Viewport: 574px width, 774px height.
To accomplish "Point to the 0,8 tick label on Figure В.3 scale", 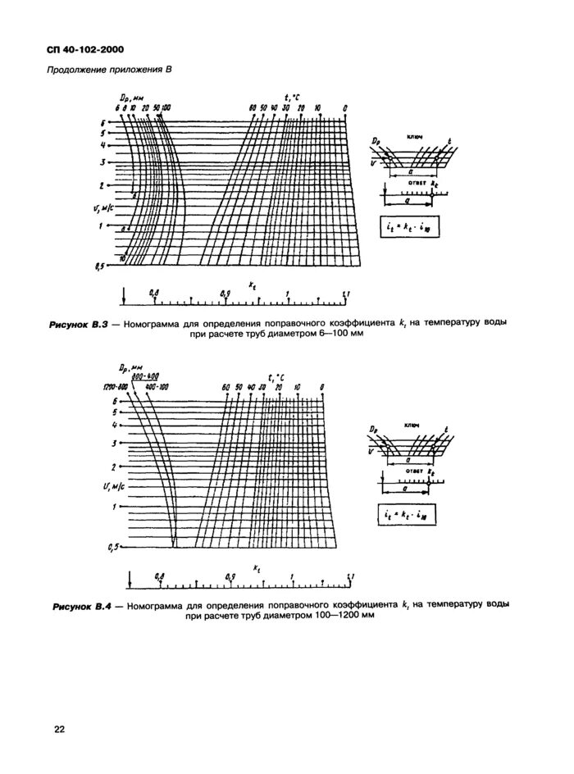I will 153,292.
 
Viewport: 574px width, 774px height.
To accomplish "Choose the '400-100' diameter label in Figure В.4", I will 156,387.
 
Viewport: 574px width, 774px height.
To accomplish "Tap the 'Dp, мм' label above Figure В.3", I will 134,98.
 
